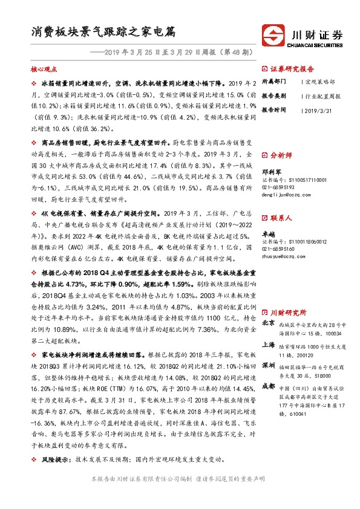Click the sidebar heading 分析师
pos(281,155)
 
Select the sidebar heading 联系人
pos(281,217)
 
